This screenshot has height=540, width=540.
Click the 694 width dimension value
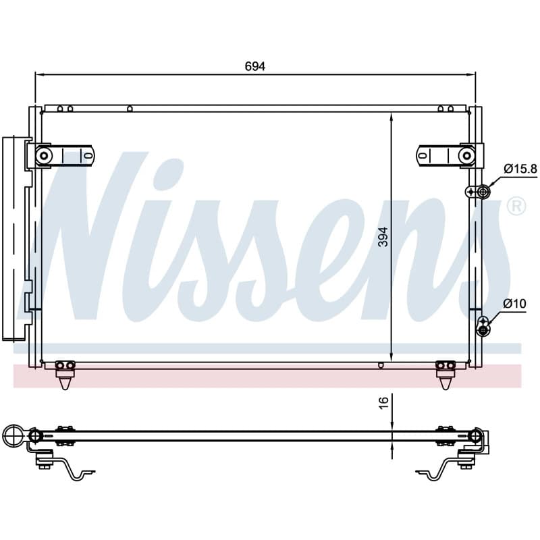coord(255,66)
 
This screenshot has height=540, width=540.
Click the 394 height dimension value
coord(383,237)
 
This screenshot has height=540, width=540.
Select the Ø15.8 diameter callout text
coord(520,169)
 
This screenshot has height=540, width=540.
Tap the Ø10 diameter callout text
coord(514,303)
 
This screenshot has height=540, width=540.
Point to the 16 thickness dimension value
coord(383,402)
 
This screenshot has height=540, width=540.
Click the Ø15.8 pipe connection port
coord(483,191)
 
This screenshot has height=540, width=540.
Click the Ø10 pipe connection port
coord(483,331)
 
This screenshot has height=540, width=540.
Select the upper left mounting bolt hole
coord(44,156)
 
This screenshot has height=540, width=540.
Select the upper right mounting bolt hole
coord(466,156)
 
